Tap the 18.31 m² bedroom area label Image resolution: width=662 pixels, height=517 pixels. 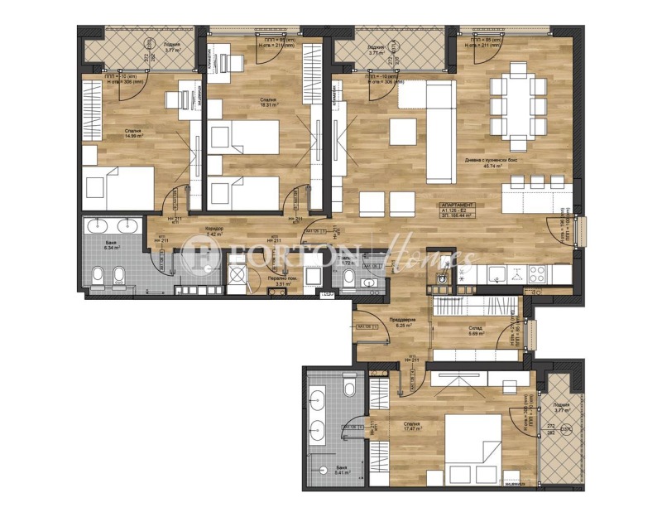[x=269, y=104]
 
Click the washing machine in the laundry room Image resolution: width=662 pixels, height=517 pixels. [x=240, y=278]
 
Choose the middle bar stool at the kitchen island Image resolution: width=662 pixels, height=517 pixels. [x=536, y=181]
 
